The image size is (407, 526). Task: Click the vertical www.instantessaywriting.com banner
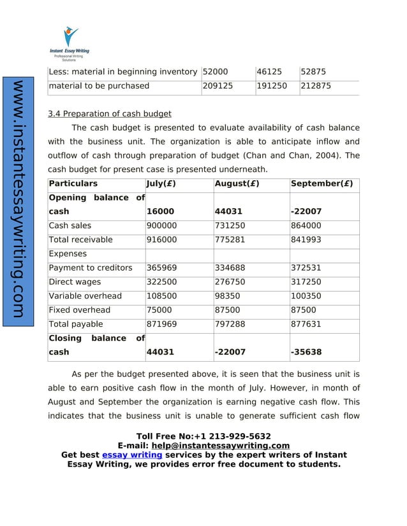pos(18,201)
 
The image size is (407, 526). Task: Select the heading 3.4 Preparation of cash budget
pos(110,114)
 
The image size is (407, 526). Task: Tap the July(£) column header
pos(161,183)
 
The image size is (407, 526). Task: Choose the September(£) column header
pos(322,183)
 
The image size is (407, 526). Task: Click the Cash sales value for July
pos(162,225)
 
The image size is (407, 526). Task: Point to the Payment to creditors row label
pos(91,267)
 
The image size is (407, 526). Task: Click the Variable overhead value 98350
pos(230,295)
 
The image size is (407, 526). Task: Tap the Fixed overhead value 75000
pos(159,309)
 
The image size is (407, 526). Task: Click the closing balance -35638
pos(306,352)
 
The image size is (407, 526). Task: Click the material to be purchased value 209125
pos(217,85)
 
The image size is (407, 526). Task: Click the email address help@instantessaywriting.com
pos(220,446)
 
